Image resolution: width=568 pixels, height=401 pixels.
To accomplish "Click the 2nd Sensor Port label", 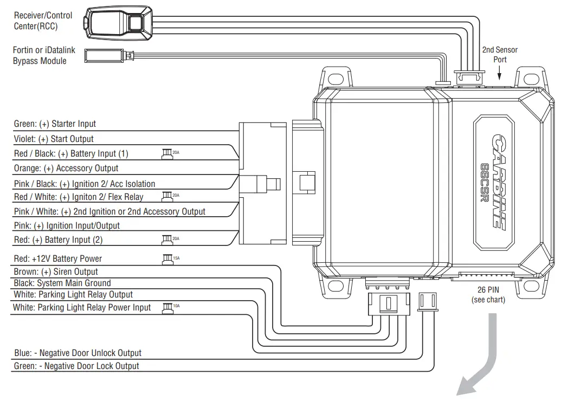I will (x=500, y=54).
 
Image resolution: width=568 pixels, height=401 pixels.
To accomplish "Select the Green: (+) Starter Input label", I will (x=55, y=124).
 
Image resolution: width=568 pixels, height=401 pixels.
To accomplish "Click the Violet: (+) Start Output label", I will (x=54, y=139).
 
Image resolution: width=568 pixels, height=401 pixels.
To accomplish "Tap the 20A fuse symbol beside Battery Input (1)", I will (x=167, y=153).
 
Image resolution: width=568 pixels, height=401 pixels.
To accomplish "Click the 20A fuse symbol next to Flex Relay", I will (x=167, y=196).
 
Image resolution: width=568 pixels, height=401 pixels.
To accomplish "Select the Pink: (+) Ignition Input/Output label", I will (x=67, y=225).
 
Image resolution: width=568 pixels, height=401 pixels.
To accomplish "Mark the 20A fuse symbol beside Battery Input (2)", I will (x=167, y=239).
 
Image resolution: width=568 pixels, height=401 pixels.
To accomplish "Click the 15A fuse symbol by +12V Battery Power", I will (x=167, y=258).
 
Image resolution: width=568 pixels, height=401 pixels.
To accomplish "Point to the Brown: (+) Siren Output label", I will (x=56, y=271).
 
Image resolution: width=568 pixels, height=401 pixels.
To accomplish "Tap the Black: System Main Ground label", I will (x=62, y=283).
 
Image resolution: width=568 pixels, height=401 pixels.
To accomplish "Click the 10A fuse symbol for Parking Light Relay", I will (x=167, y=307).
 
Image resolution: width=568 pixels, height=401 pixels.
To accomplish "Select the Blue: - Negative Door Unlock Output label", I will (x=78, y=353).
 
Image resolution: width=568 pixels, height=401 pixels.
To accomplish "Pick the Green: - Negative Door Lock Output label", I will (x=76, y=366).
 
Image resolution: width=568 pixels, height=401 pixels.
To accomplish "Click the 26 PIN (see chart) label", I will (x=488, y=295).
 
